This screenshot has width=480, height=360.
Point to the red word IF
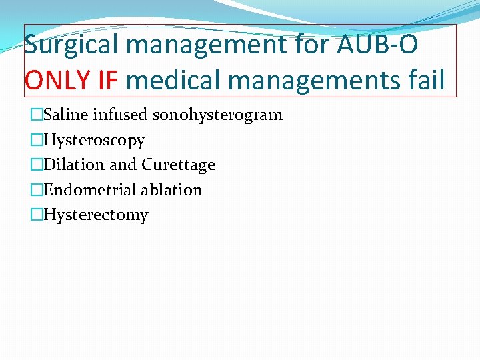(105, 81)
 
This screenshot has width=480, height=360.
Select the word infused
(120, 115)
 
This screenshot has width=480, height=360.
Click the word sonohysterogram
(218, 115)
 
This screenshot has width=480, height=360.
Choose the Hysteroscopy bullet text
(94, 141)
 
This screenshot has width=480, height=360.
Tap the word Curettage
(179, 165)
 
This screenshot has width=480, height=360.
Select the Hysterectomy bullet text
(96, 215)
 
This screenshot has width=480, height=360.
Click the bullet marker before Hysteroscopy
(36, 141)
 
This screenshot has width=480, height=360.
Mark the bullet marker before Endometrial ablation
(36, 190)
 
